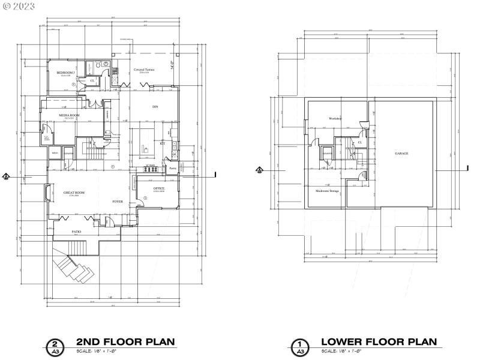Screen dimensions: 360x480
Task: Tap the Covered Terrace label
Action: [144, 70]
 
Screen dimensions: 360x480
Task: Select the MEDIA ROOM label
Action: [69, 115]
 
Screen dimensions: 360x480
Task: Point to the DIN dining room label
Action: [155, 107]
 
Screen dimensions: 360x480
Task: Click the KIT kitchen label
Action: [162, 143]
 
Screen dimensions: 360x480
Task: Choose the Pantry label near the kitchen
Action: [173, 169]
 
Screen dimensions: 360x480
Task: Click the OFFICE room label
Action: [159, 188]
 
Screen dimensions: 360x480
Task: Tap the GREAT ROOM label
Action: [74, 193]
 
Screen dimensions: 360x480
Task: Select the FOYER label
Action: [118, 202]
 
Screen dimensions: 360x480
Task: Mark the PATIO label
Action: [77, 232]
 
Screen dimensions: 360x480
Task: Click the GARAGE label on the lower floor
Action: [401, 154]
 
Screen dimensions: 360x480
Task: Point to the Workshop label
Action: [335, 118]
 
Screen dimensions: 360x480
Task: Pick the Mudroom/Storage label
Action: [328, 191]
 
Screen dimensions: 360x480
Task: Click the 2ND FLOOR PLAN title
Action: [125, 342]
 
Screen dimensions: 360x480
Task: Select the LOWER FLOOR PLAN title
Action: [378, 342]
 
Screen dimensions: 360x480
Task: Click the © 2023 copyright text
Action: [19, 5]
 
